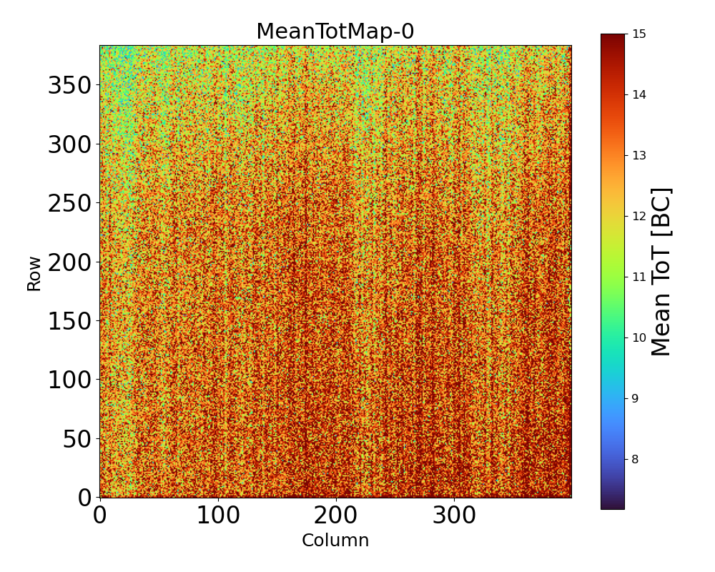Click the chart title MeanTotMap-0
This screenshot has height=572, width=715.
pyautogui.click(x=335, y=31)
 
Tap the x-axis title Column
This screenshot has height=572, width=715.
pyautogui.click(x=335, y=541)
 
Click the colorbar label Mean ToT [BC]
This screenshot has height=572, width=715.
pyautogui.click(x=661, y=272)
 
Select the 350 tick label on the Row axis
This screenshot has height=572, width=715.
pyautogui.click(x=70, y=87)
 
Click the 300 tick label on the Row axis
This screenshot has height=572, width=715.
pyautogui.click(x=70, y=145)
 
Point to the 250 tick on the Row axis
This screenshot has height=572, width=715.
pyautogui.click(x=70, y=204)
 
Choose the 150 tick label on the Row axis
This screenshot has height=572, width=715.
pyautogui.click(x=70, y=321)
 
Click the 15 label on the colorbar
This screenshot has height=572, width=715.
pyautogui.click(x=640, y=34)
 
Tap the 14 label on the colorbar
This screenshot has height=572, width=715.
pyautogui.click(x=640, y=94)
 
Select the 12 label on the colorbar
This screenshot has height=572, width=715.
pyautogui.click(x=640, y=216)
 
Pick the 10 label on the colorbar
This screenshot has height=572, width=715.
pyautogui.click(x=640, y=337)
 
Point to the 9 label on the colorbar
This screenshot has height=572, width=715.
pyautogui.click(x=636, y=398)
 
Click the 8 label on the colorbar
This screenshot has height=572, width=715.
pyautogui.click(x=636, y=459)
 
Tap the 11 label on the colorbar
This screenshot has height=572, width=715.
pyautogui.click(x=640, y=277)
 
